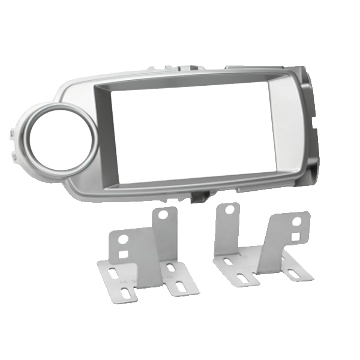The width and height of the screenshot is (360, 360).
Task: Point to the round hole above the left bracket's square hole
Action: (x=124, y=239)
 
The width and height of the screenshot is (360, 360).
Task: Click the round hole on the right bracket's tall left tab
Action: (x=229, y=210)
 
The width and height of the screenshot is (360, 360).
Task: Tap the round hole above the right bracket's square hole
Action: (x=296, y=221)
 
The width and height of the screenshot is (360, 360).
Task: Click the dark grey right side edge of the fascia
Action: (x=313, y=132)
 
